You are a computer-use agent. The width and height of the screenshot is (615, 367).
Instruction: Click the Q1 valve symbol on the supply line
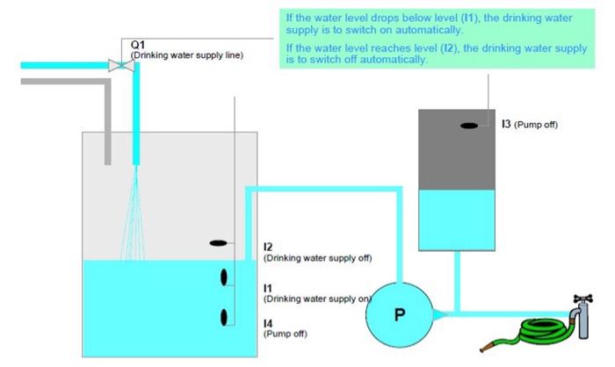(114, 64)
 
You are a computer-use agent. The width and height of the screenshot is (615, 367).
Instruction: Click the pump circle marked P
(400, 313)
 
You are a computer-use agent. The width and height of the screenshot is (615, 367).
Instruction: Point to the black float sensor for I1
(225, 277)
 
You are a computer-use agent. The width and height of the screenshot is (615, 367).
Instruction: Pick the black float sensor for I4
(225, 318)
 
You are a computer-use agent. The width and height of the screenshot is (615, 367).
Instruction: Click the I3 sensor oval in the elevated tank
(469, 126)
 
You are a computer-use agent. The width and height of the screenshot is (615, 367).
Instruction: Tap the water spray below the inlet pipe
(136, 211)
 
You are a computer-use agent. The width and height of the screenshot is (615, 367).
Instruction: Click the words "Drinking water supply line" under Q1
(186, 55)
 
